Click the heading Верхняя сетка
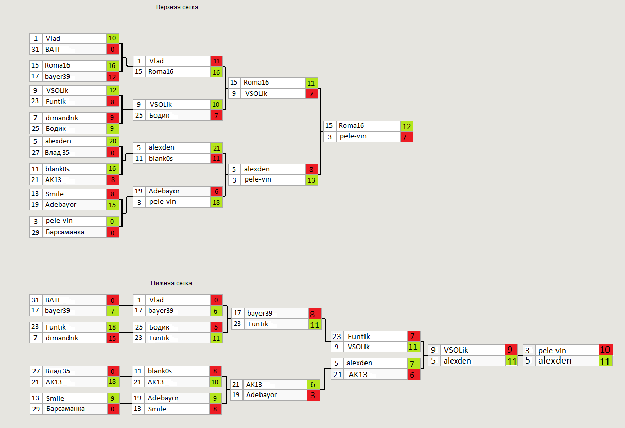[177, 7]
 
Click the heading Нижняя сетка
[171, 283]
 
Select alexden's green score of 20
[113, 141]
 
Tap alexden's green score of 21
[217, 147]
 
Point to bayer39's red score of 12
[113, 77]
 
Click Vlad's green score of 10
[113, 38]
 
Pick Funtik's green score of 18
[113, 327]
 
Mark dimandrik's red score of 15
[113, 338]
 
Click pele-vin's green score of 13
[312, 180]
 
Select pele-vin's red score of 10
[605, 350]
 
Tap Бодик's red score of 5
[217, 327]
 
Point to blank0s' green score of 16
[113, 169]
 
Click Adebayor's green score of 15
[113, 205]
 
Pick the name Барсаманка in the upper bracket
[65, 232]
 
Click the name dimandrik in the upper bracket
[62, 118]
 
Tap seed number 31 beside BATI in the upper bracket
[36, 50]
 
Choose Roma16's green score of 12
[407, 126]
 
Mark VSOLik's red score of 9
[511, 350]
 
